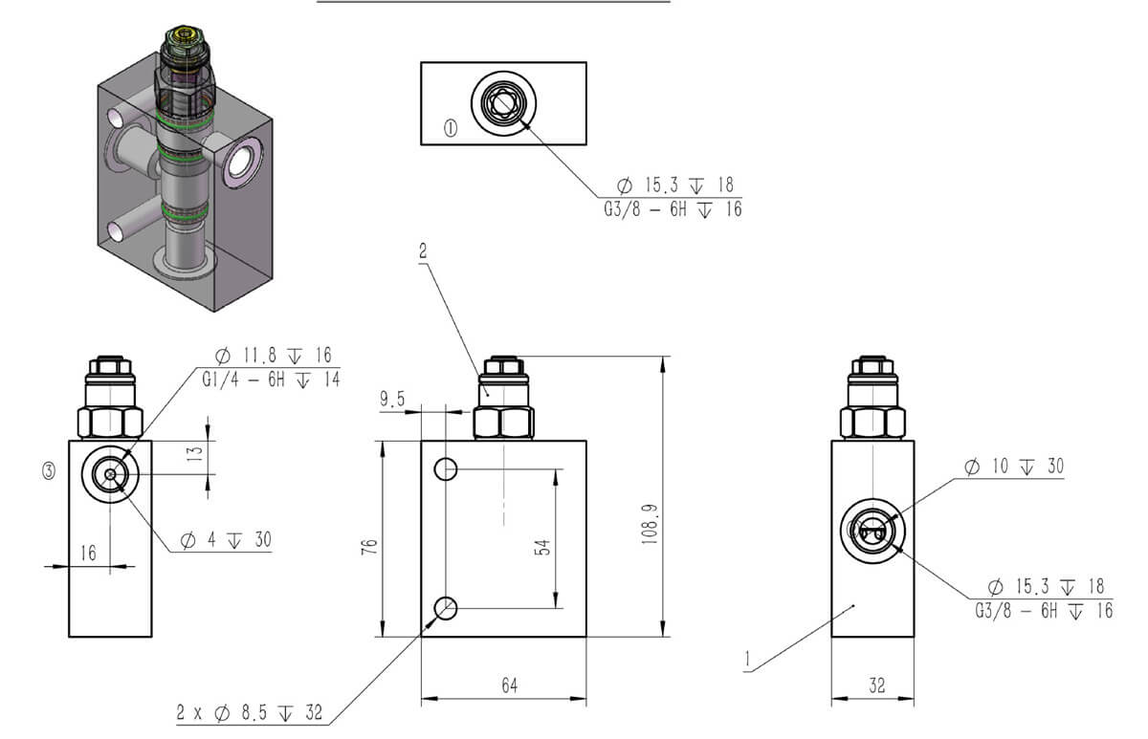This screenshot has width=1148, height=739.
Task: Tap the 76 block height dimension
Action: (370, 545)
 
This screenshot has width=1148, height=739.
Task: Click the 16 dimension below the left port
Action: (88, 553)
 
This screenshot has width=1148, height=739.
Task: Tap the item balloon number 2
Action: (423, 252)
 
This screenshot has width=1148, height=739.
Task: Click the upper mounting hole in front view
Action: (446, 468)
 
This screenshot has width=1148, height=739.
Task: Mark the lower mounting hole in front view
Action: (446, 607)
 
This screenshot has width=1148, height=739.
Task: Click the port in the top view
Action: (502, 101)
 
